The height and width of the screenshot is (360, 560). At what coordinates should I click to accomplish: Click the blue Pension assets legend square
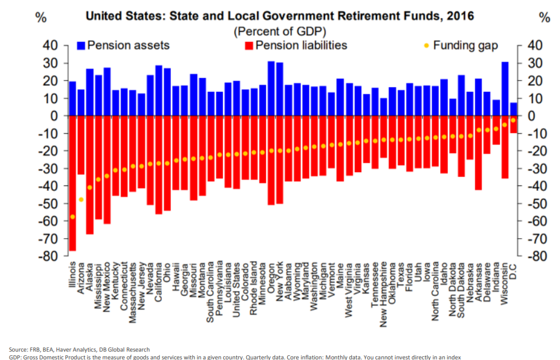pos(82,45)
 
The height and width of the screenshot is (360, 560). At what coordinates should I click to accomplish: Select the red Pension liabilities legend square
pos(248,45)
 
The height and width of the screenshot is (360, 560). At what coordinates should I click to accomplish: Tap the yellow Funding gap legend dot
pos(426,46)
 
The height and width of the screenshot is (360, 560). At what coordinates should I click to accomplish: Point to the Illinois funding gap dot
pos(73,217)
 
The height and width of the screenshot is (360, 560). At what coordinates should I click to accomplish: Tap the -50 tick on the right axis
pos(537,203)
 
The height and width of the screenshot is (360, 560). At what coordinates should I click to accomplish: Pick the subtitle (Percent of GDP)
pos(279,31)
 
